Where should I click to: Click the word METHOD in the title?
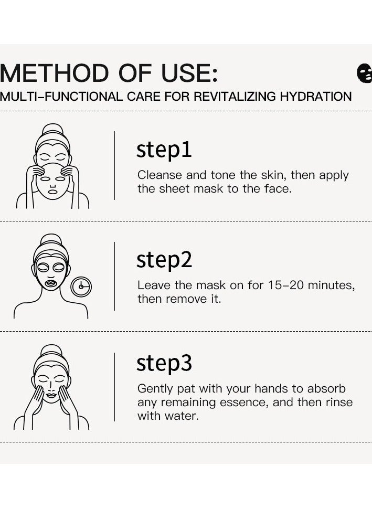53,72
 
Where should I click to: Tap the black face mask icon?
364,72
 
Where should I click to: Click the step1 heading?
164,150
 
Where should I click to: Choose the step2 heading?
164,260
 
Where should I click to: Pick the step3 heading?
164,363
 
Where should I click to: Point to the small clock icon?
81,285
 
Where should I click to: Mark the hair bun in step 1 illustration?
52,130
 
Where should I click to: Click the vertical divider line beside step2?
114,276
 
